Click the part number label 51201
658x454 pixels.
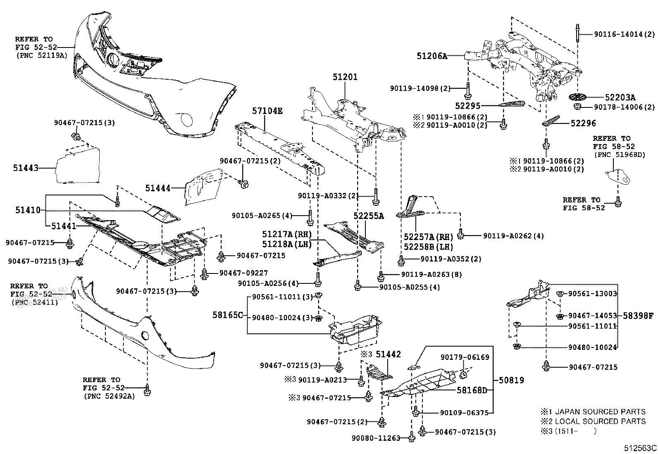click(x=345, y=77)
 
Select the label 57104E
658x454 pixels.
click(x=267, y=111)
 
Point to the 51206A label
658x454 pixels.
click(x=432, y=56)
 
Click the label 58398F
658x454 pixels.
click(x=638, y=316)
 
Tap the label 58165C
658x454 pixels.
click(x=228, y=315)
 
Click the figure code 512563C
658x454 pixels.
click(x=640, y=448)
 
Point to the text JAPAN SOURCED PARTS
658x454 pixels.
click(x=600, y=412)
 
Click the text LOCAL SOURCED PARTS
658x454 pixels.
click(x=600, y=421)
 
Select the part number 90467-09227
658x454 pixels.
click(x=243, y=273)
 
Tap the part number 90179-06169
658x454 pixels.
click(x=465, y=357)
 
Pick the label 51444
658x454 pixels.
click(x=157, y=188)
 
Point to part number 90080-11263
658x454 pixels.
click(x=376, y=438)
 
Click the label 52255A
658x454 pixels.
click(x=368, y=216)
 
